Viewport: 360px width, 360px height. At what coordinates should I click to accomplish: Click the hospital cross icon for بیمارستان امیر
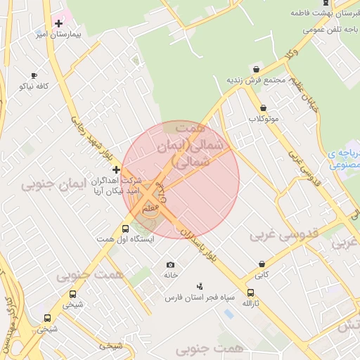coord(59,23)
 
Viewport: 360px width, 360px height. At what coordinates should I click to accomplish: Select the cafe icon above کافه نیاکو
coord(34,75)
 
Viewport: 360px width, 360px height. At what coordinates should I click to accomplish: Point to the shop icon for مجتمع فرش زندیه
coord(255,69)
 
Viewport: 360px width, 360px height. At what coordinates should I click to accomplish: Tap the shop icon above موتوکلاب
coord(264,108)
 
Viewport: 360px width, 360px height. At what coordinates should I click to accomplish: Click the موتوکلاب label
coord(264,119)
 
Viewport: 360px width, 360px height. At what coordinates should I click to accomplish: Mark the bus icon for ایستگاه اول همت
coord(126,229)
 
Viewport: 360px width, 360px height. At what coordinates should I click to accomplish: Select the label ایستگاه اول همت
coord(126,239)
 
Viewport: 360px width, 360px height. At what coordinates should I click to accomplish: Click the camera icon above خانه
coord(170,265)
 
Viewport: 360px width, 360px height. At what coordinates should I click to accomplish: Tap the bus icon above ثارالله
coord(251,292)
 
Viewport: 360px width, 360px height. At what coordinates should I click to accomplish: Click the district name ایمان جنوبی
coord(53,185)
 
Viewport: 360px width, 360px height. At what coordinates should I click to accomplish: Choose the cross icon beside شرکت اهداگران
coord(116,169)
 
